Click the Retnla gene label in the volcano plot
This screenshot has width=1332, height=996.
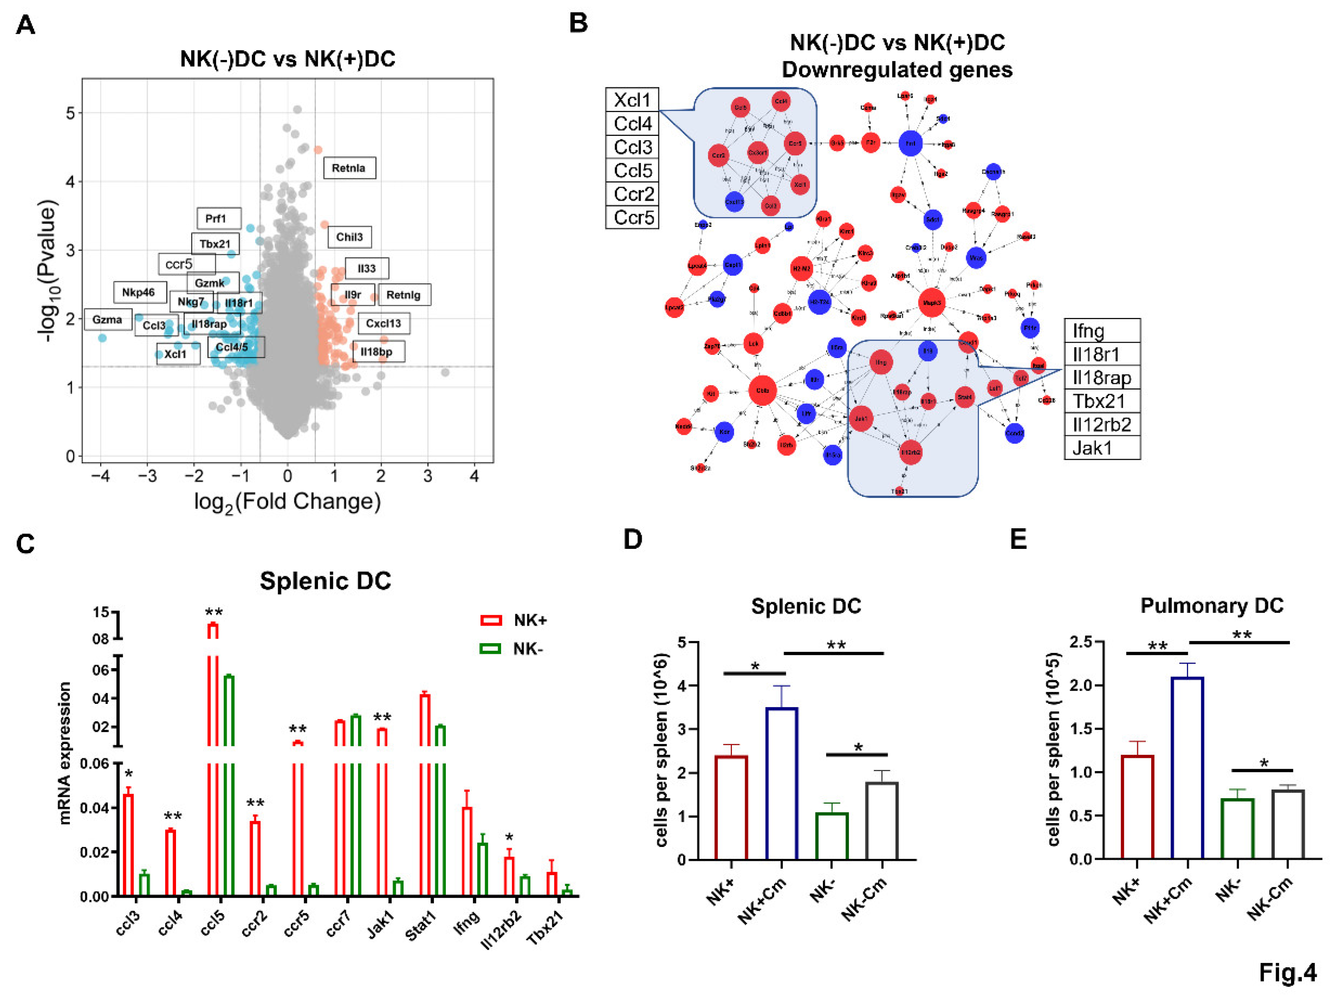tap(349, 168)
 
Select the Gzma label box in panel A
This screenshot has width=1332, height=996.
tap(107, 320)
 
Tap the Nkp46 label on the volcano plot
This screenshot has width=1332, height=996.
tap(139, 293)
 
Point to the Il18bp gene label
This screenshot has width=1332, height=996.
tap(377, 352)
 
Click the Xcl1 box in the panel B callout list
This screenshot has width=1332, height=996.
tap(632, 100)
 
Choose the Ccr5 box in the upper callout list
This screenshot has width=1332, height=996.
tap(632, 217)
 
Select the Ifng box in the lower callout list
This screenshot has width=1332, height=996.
tap(1102, 331)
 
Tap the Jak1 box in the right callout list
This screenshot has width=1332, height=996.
tap(1102, 448)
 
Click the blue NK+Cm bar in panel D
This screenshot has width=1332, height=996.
tap(782, 783)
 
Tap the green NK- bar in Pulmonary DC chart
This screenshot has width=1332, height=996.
tap(1237, 828)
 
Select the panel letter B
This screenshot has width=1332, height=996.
tap(578, 23)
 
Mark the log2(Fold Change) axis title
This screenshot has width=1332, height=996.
tap(287, 502)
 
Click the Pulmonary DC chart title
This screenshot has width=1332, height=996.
tap(1212, 605)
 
